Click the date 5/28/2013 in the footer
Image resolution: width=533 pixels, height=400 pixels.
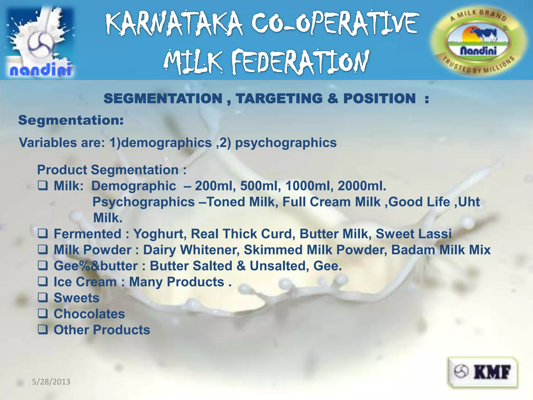tap(51, 382)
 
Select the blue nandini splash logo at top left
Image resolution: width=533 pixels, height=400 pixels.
tap(40, 42)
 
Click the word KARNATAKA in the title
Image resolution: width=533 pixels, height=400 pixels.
tap(174, 24)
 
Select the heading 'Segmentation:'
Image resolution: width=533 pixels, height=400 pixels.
tap(71, 120)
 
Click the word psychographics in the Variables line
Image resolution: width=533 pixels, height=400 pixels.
tap(286, 143)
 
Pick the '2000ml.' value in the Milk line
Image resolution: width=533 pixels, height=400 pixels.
tap(362, 186)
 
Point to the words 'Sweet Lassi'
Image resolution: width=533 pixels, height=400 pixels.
tap(414, 234)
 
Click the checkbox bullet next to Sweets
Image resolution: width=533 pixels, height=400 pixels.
tap(43, 297)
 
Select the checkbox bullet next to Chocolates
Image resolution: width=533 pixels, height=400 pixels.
tap(43, 314)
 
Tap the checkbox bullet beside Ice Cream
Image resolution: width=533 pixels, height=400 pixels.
tap(43, 282)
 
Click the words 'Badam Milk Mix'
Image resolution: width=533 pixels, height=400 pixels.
tap(441, 250)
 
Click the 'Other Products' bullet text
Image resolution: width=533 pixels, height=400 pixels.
tap(102, 330)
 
